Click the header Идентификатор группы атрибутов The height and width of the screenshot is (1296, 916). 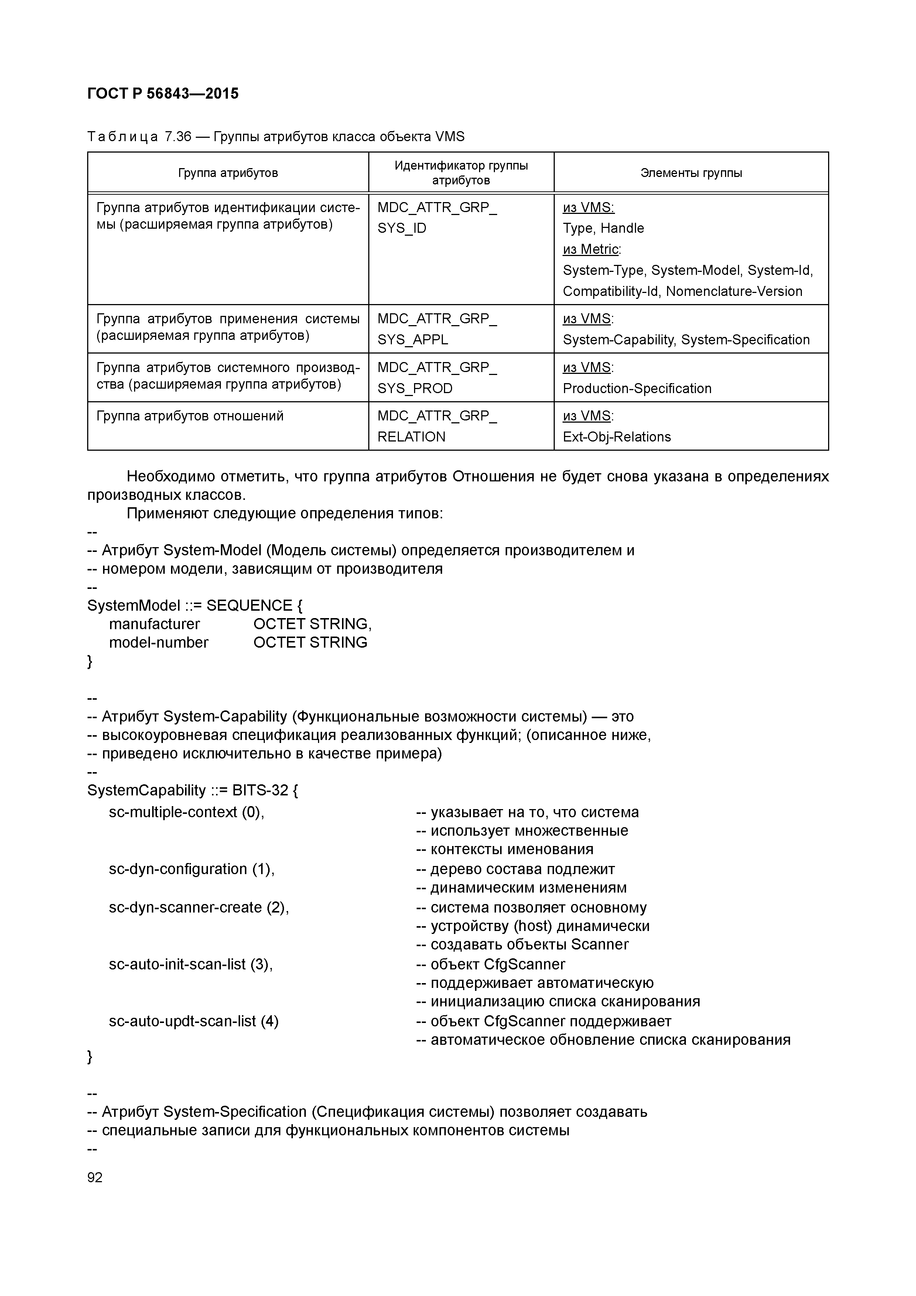pos(461,173)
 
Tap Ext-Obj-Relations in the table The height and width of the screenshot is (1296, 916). pos(616,437)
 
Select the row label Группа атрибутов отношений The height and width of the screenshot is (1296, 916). pos(189,416)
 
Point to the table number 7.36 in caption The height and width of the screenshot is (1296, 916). pos(178,137)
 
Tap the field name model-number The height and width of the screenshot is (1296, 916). pos(158,642)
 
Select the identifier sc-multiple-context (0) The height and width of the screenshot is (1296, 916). pos(186,812)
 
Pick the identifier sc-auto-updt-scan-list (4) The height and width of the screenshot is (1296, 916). pos(194,1021)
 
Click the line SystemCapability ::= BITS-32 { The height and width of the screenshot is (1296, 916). pos(192,790)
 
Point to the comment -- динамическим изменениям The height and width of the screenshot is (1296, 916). pos(521,887)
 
